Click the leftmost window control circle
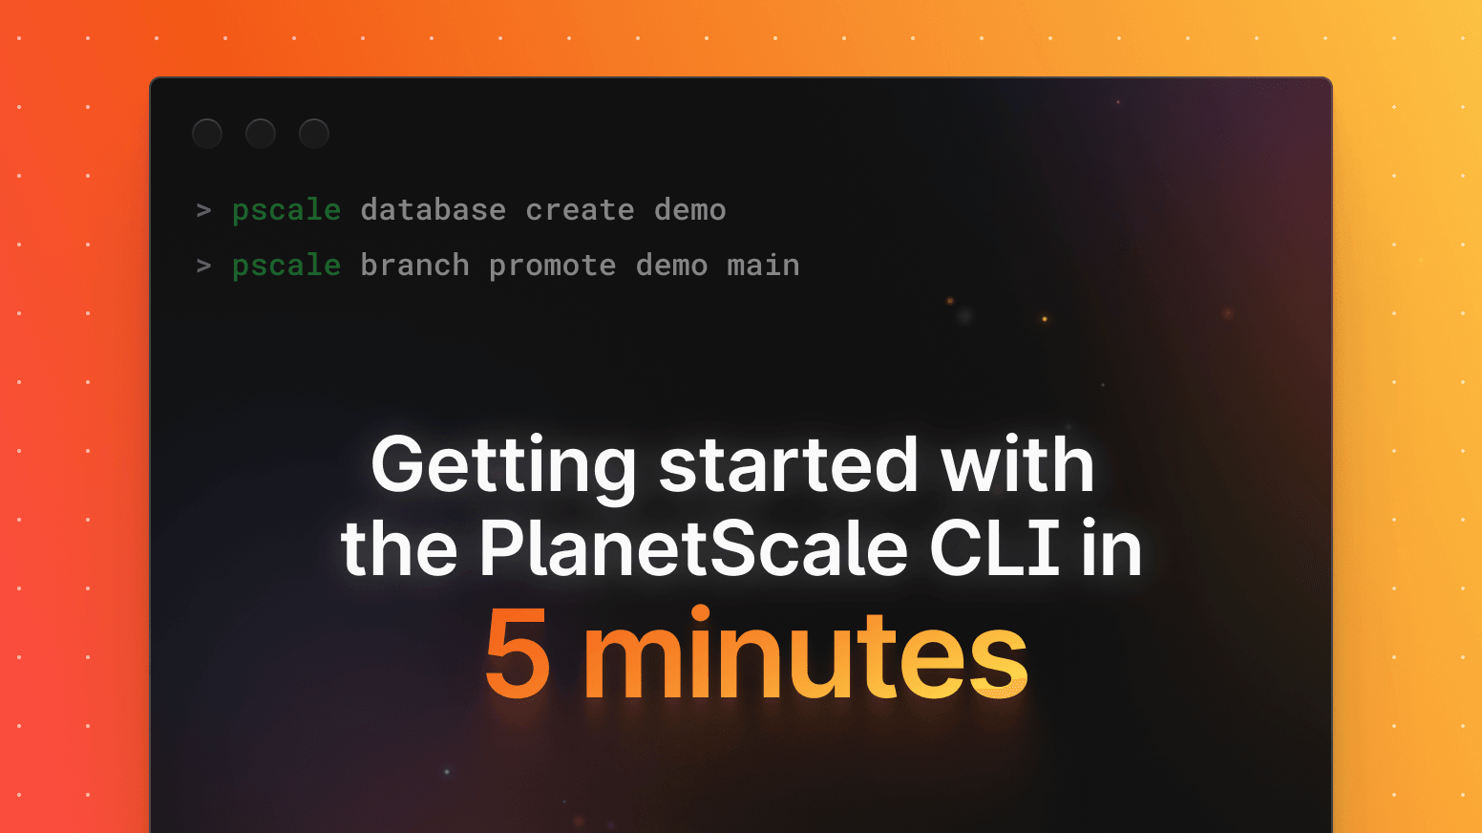click(x=207, y=134)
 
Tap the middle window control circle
click(x=261, y=134)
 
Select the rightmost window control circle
click(x=314, y=134)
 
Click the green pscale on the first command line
click(x=286, y=210)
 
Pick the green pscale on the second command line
click(x=286, y=266)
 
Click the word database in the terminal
click(x=434, y=210)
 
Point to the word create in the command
click(x=580, y=210)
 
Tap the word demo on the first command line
click(x=690, y=210)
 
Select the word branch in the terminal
click(x=415, y=266)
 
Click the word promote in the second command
click(x=553, y=266)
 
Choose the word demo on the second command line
click(x=672, y=266)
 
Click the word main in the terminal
click(x=764, y=266)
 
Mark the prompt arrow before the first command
click(x=203, y=210)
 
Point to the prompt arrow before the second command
click(x=203, y=266)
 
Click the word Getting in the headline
click(x=503, y=466)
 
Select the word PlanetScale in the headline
click(x=693, y=549)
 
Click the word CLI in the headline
click(x=995, y=549)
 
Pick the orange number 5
click(x=518, y=656)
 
